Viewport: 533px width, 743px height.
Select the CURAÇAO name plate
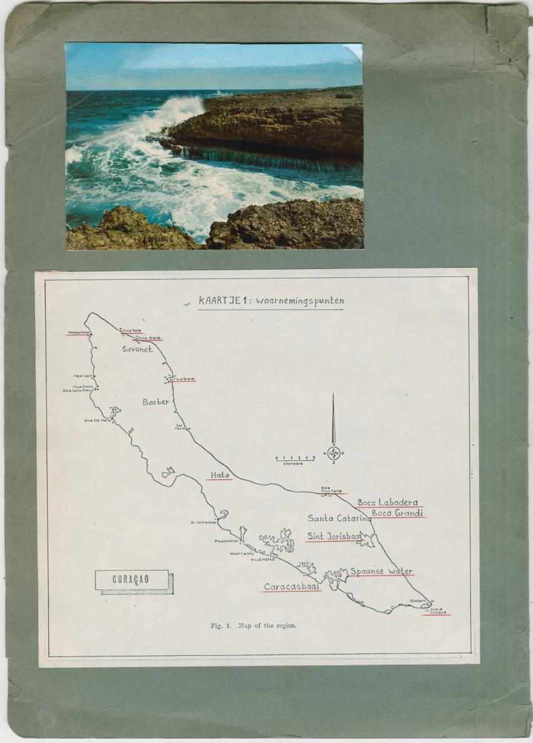(x=131, y=579)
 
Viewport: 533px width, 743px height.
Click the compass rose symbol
(x=334, y=453)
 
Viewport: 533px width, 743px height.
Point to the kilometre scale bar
(x=294, y=460)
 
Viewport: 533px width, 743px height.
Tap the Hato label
(x=220, y=475)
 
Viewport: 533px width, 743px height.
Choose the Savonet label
(x=137, y=349)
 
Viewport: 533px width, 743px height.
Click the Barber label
(x=156, y=401)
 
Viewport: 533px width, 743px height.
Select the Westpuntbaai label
(x=79, y=332)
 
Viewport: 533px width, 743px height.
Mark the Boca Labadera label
(x=388, y=502)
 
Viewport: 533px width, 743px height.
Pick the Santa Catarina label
(x=339, y=518)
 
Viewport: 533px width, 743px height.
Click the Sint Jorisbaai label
(x=334, y=536)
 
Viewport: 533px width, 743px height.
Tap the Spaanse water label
(x=381, y=571)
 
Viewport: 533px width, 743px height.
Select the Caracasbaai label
(x=292, y=587)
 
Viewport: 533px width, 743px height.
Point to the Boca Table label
(x=132, y=330)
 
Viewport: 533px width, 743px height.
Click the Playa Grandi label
(x=184, y=379)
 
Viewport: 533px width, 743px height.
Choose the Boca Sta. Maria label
(x=97, y=420)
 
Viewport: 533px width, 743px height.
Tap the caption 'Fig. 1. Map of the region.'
(x=253, y=625)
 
